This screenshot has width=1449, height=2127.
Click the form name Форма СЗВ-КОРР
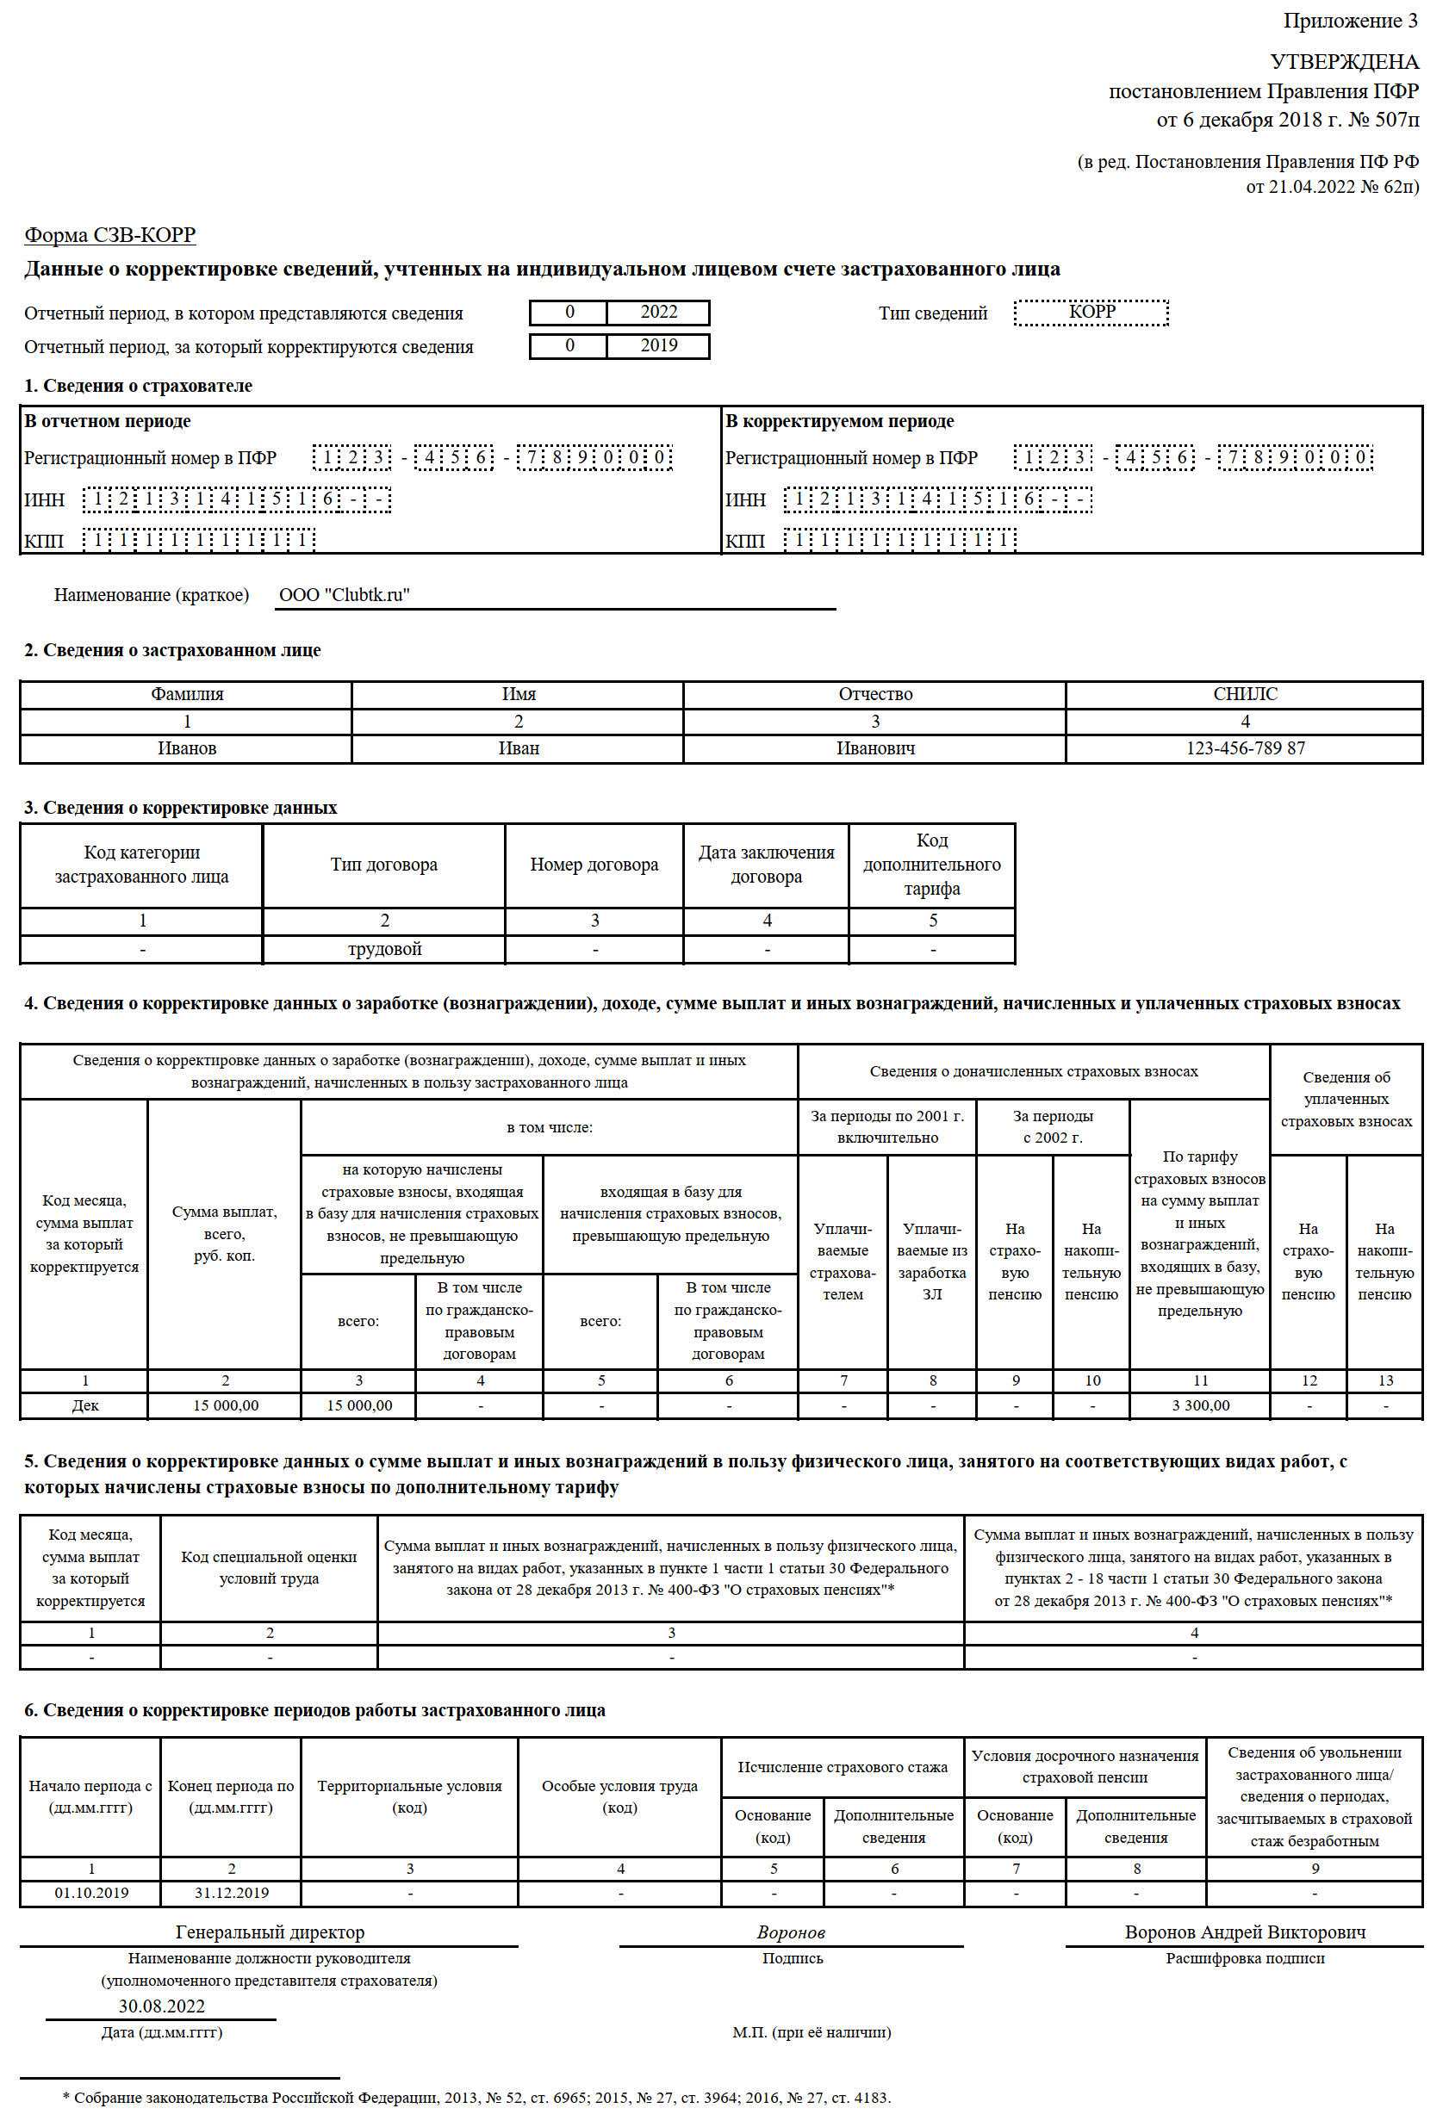tap(110, 236)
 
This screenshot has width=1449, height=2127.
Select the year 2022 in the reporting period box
tap(658, 312)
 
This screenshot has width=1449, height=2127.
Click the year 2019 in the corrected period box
tap(658, 346)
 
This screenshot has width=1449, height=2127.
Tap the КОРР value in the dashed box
tap(1091, 311)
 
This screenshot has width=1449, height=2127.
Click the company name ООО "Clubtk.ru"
tap(345, 595)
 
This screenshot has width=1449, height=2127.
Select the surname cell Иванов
tap(187, 748)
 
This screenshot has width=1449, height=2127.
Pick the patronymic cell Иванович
tap(875, 748)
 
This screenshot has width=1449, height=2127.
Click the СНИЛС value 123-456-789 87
tap(1245, 748)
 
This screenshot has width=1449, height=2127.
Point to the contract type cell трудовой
tap(384, 949)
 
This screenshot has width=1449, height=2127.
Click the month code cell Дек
tap(85, 1405)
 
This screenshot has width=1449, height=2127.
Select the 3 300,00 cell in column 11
tap(1200, 1405)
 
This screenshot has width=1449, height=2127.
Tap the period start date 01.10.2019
tap(91, 1893)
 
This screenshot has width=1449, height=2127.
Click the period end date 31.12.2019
tap(232, 1893)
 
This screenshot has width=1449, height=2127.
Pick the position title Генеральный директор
tap(270, 1932)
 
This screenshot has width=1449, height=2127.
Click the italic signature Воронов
tap(791, 1933)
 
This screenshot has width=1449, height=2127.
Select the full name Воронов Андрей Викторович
tap(1245, 1932)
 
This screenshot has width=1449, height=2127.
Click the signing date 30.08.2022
tap(162, 2006)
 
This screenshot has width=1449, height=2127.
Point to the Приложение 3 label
tap(1350, 21)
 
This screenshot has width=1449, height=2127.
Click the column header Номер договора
tap(594, 865)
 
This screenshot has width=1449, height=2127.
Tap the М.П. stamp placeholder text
tap(811, 2033)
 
